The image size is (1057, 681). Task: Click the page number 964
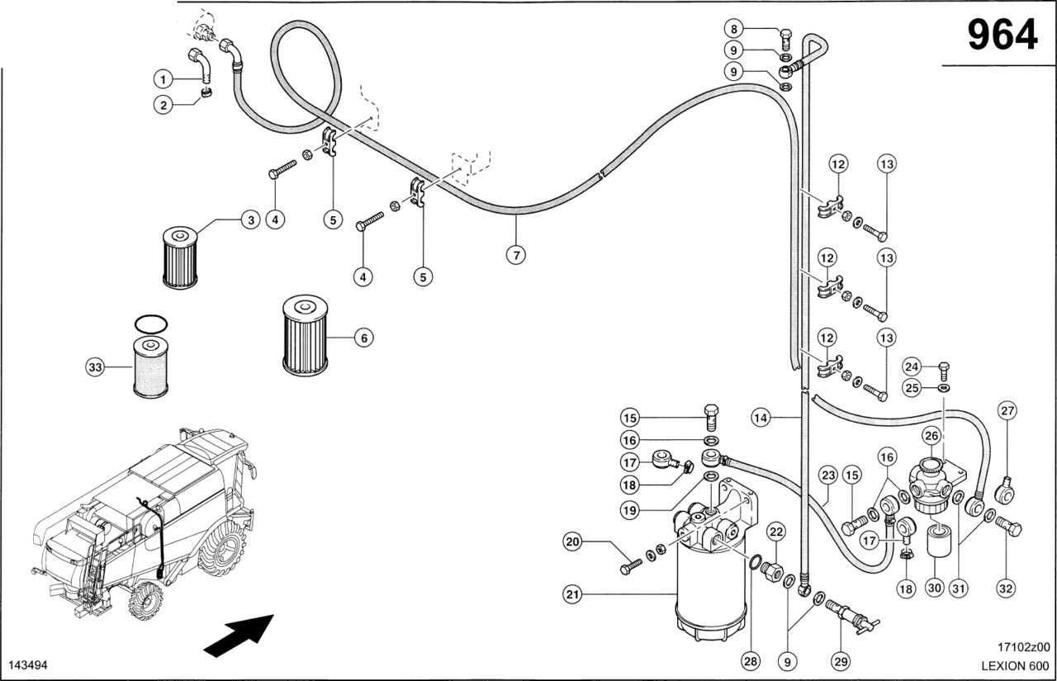coord(1001,35)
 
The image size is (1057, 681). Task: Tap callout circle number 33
coord(97,368)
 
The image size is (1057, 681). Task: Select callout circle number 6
coord(363,337)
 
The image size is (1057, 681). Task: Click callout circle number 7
coord(515,254)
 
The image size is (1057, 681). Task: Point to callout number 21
coord(572,593)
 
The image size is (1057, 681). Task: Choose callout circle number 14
coord(761,419)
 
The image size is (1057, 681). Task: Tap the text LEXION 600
coord(1015,665)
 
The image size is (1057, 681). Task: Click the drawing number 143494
coord(26,665)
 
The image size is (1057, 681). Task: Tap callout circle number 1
coord(164,79)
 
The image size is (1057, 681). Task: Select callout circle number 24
coord(912,366)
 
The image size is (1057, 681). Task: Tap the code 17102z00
coord(1023,647)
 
